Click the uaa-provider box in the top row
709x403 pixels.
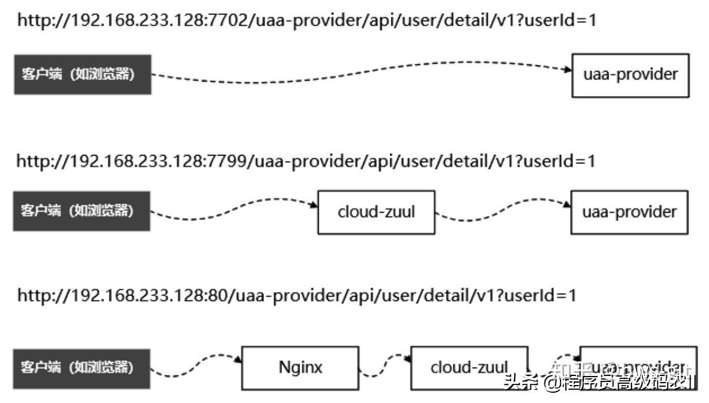pyautogui.click(x=630, y=74)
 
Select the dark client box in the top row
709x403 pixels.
pyautogui.click(x=82, y=74)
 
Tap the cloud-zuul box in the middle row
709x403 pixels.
pyautogui.click(x=376, y=212)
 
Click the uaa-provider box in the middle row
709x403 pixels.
pyautogui.click(x=629, y=212)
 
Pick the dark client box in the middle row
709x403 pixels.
pyautogui.click(x=82, y=211)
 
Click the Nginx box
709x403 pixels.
pyautogui.click(x=300, y=368)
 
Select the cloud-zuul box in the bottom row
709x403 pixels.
pyautogui.click(x=468, y=367)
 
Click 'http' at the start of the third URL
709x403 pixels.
pyautogui.click(x=33, y=295)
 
